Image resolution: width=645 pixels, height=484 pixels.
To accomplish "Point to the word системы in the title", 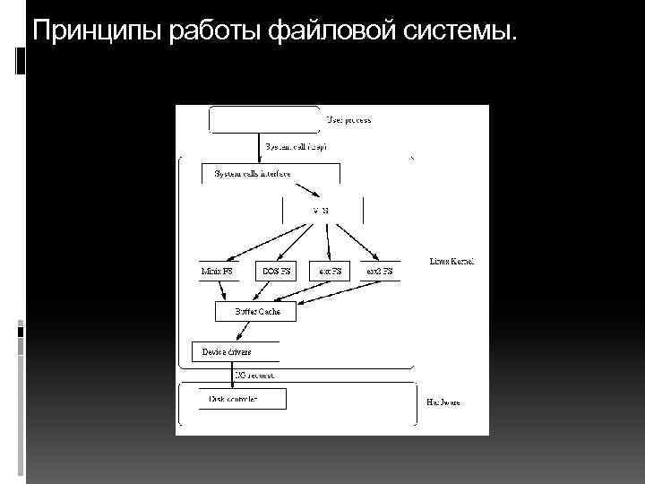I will click(462, 33).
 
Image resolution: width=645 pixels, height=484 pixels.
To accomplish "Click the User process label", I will click(348, 119).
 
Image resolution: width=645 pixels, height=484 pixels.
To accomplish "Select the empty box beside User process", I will click(263, 118).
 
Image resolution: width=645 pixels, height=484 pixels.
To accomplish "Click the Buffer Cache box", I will click(257, 312).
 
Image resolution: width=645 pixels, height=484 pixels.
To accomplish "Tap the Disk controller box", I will click(234, 399).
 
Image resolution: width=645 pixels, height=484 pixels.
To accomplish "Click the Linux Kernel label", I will click(451, 262).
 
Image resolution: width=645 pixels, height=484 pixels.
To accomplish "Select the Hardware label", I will click(443, 402).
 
